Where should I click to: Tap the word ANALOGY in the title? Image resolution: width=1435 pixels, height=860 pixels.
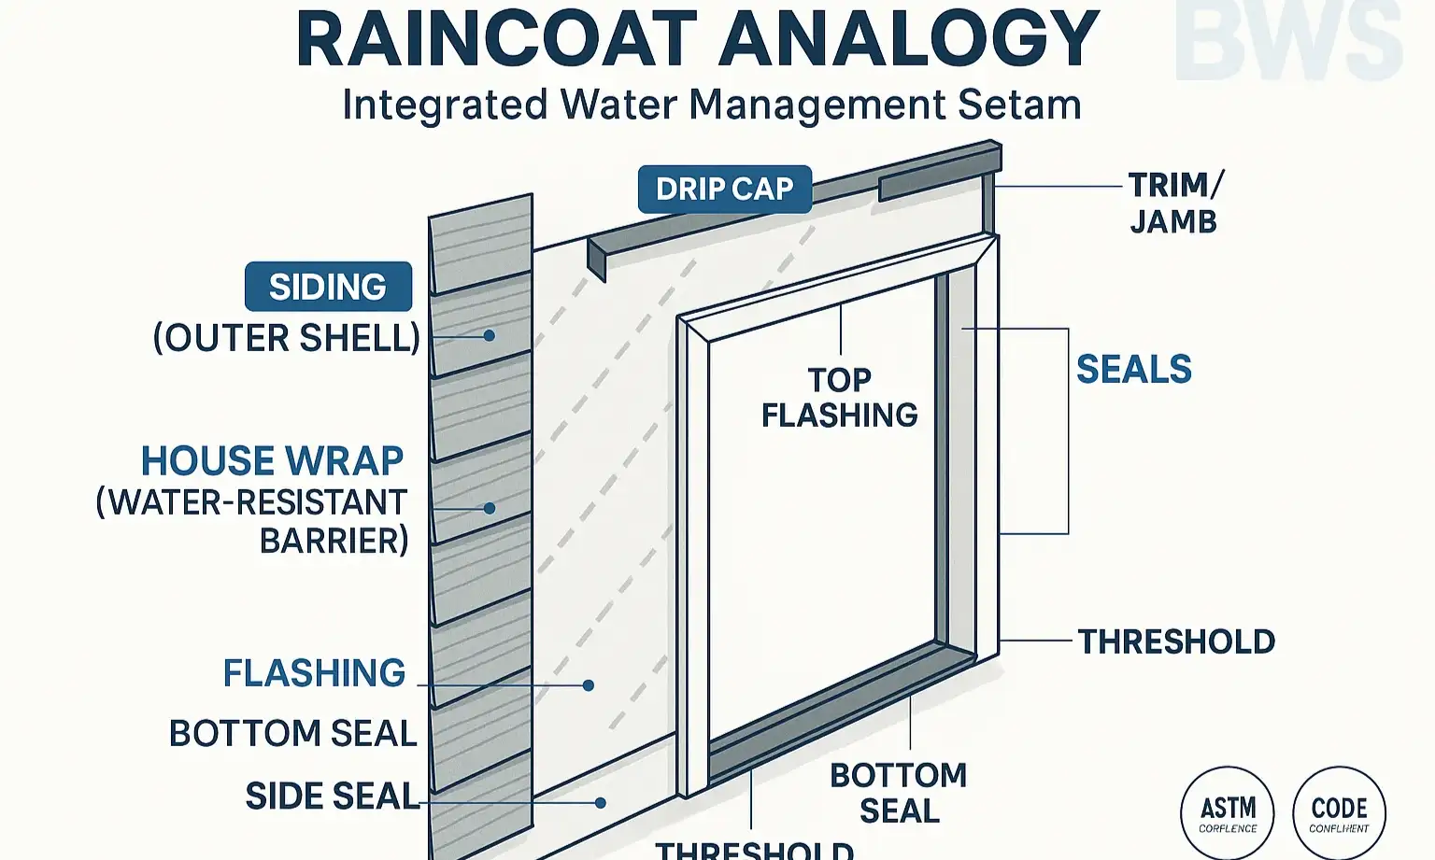pos(911,39)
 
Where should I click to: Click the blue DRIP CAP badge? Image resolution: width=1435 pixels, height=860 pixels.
pos(724,189)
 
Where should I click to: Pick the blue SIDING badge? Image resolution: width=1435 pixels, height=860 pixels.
pos(328,287)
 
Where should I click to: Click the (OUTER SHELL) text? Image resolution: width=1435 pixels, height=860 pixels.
pos(287,338)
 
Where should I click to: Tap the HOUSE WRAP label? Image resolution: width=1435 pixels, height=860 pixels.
pos(272,460)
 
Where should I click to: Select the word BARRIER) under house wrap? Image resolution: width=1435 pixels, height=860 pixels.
pos(334,541)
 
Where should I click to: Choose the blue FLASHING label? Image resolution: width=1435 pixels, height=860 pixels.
pos(314,673)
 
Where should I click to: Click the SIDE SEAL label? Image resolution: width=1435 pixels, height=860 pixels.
pos(332,797)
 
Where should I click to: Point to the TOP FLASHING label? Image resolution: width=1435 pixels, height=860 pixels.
pos(839,397)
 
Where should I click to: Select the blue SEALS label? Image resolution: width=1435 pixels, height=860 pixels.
pos(1133,370)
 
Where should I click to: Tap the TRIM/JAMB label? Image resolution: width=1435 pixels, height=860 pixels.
pos(1174,204)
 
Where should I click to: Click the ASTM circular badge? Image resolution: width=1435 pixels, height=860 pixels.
pos(1227,812)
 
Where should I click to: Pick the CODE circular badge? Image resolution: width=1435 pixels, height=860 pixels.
pos(1339,812)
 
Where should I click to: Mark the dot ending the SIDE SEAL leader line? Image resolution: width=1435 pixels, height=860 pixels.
pos(602,802)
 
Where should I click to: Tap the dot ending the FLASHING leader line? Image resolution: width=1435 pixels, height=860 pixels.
pos(589,685)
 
